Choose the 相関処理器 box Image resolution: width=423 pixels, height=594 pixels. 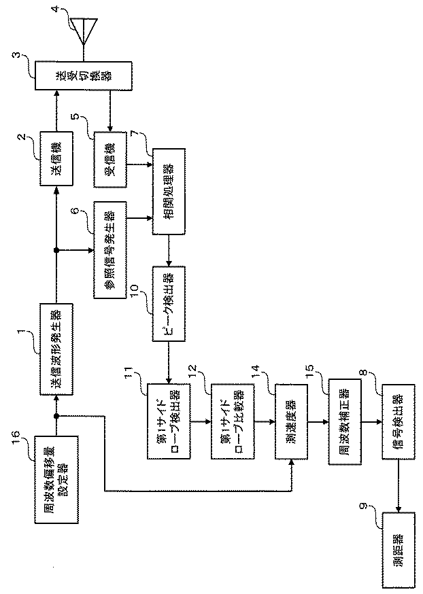pos(168,198)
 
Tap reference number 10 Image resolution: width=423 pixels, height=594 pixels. pos(135,290)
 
